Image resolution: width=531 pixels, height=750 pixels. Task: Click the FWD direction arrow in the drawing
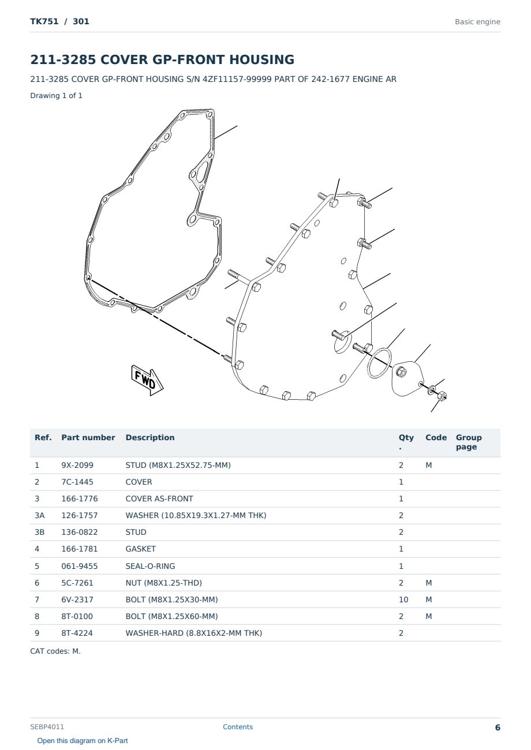pos(147,380)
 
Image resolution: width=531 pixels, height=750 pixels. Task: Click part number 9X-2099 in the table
pos(77,465)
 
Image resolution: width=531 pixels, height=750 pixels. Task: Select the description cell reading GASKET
pos(140,549)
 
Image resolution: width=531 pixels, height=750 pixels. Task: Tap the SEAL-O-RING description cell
pos(150,566)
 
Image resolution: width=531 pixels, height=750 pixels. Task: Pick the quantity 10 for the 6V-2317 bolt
pos(403,599)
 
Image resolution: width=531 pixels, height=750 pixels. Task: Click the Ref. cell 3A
pos(39,515)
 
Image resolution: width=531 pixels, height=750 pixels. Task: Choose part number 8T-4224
pos(77,633)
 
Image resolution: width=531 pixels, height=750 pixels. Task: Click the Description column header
pos(149,437)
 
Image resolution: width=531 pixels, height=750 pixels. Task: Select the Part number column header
pos(88,437)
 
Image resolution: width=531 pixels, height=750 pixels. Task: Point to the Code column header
pos(436,437)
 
